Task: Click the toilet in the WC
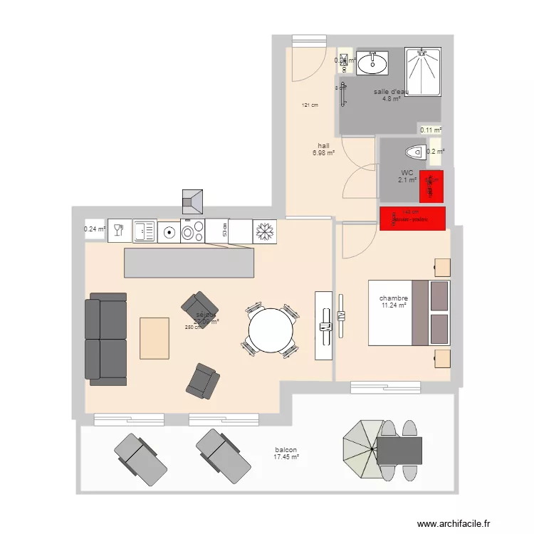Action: [x=413, y=152]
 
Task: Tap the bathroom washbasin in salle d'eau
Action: [x=372, y=63]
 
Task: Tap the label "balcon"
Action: [x=286, y=451]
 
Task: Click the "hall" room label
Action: [x=323, y=145]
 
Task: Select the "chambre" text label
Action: [x=393, y=298]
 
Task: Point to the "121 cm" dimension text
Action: [x=309, y=105]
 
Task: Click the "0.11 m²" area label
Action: [x=431, y=130]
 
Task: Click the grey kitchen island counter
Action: [x=189, y=263]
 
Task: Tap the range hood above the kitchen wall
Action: [x=193, y=201]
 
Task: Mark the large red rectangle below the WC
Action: [x=413, y=219]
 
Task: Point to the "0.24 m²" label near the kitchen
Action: [x=95, y=229]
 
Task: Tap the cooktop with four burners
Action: [x=193, y=231]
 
